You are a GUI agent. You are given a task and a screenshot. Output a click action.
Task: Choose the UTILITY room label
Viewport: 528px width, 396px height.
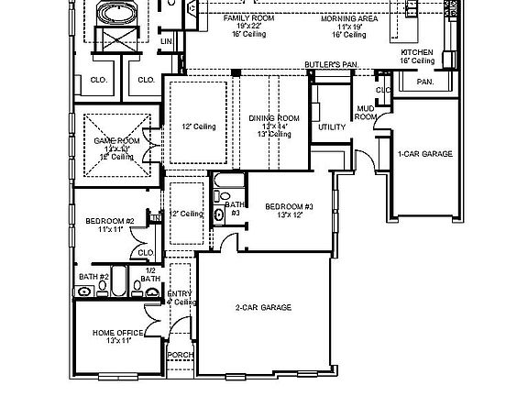click(331, 126)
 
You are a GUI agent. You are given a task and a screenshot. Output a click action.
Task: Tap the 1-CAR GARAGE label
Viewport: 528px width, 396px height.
click(424, 154)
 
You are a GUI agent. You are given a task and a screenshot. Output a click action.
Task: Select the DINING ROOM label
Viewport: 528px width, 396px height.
click(274, 118)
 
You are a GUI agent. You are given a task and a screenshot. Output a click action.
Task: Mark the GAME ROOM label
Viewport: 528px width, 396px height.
click(115, 141)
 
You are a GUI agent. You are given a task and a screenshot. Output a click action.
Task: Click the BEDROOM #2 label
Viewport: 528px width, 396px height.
click(110, 221)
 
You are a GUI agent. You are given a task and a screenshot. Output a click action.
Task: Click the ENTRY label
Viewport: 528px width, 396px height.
click(180, 293)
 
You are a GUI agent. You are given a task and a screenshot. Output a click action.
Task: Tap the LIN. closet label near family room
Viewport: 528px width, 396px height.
click(167, 41)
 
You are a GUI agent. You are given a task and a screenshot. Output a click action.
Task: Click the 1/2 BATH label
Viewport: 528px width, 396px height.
click(149, 275)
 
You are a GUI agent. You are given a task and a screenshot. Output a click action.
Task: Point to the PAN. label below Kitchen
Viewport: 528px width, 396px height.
click(424, 82)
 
